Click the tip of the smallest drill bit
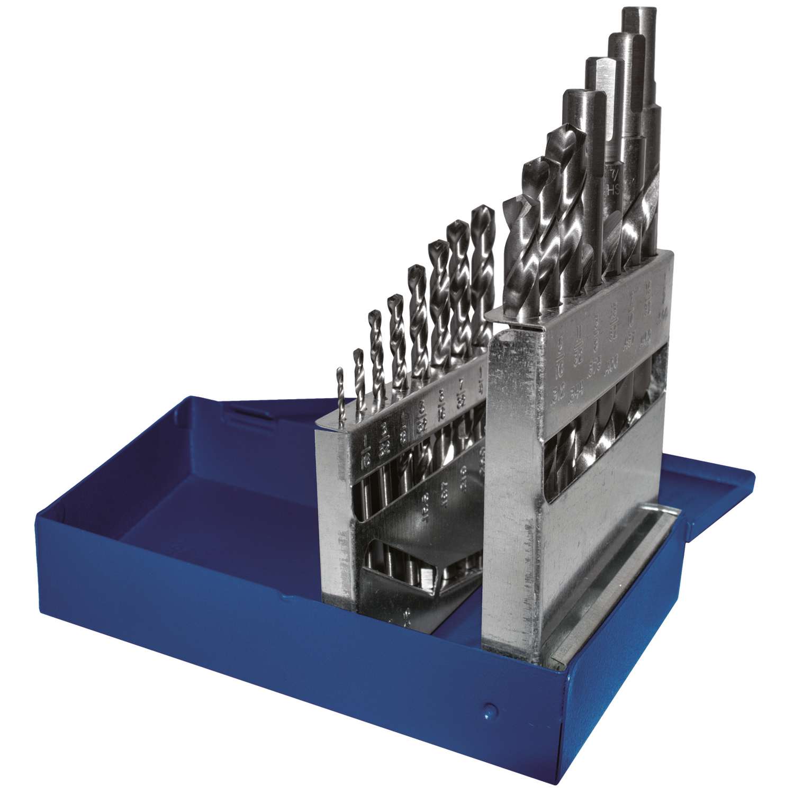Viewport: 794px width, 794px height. (x=340, y=371)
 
